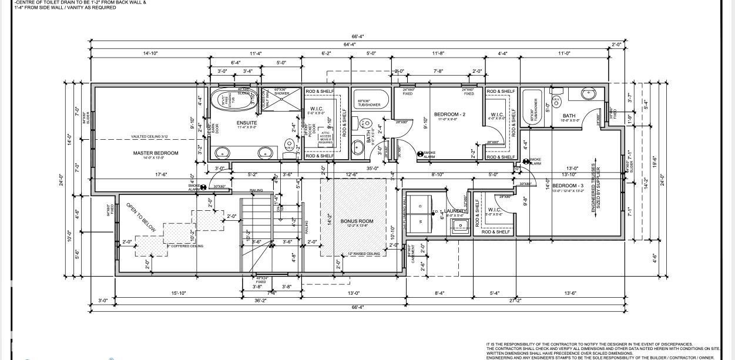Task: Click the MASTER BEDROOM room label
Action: coord(155,153)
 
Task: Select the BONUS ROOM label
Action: coord(353,221)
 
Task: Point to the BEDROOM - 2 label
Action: coord(449,114)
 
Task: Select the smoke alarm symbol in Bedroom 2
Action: coord(421,154)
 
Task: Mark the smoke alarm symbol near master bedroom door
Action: coord(203,187)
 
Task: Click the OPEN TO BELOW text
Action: coord(140,217)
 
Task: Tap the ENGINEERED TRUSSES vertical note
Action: coord(595,191)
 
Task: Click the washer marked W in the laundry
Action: coord(420,221)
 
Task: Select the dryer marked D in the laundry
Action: coord(420,205)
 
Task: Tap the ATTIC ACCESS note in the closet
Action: coord(325,137)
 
